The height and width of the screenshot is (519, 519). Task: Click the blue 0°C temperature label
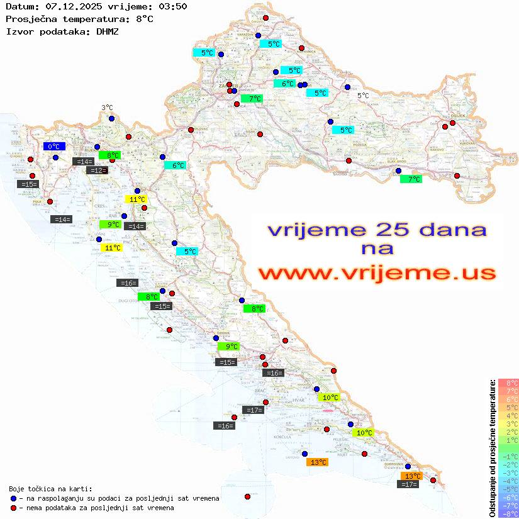click(54, 147)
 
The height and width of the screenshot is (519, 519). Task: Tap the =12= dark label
click(97, 170)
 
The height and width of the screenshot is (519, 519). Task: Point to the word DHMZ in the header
click(108, 31)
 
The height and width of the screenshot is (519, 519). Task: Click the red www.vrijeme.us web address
click(376, 273)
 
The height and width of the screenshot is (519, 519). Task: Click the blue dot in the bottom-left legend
click(13, 498)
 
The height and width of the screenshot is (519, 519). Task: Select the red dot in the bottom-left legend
click(13, 508)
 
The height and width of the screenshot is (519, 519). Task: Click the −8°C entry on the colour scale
click(508, 513)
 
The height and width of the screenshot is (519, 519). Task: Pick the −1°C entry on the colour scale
click(508, 456)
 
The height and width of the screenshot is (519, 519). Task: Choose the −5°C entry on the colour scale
click(508, 489)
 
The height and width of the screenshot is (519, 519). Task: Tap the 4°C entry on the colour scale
click(508, 415)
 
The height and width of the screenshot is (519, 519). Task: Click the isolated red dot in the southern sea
click(247, 496)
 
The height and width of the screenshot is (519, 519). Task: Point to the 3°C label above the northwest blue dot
click(108, 108)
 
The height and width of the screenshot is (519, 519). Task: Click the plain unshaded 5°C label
click(363, 96)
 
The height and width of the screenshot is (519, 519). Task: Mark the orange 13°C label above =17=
click(412, 476)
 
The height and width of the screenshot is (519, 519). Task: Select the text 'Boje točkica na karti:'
click(50, 488)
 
